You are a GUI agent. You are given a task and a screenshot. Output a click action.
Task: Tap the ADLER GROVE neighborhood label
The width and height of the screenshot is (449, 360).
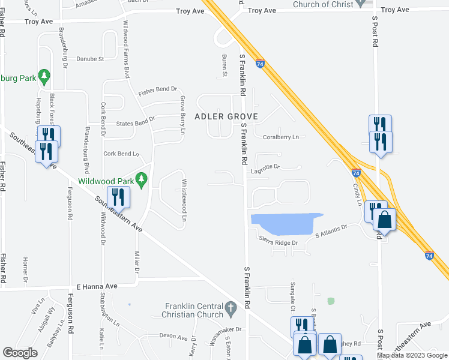coord(226,116)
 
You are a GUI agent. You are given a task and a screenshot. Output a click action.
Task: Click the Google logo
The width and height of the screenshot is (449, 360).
coord(20,353)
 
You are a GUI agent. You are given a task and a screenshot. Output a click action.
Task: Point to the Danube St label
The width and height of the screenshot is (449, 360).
coord(90,59)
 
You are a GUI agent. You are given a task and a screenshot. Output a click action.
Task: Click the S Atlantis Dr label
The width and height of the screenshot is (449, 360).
coord(331,231)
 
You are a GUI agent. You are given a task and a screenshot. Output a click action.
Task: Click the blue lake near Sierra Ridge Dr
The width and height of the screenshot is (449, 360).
coord(286,223)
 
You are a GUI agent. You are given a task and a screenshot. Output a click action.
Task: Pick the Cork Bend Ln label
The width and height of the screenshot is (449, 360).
coord(121,154)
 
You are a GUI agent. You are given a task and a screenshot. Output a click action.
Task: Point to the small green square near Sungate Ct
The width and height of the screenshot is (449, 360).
coord(330,300)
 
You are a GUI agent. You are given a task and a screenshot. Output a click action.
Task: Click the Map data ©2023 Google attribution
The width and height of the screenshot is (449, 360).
coord(412,355)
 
